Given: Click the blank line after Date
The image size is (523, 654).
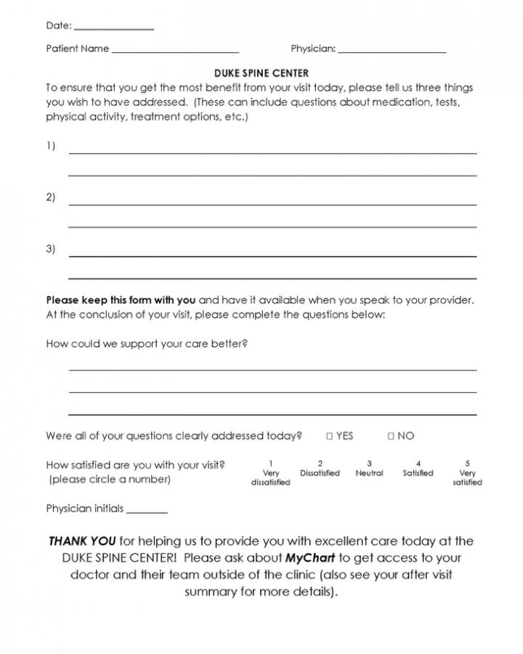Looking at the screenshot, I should tap(114, 28).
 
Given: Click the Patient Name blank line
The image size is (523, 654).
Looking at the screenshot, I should tap(175, 52).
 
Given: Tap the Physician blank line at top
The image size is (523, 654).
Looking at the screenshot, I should tap(392, 52).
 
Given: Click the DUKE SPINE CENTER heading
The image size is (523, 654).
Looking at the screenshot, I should tap(261, 73).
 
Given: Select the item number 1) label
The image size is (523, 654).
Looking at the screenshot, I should tap(51, 146).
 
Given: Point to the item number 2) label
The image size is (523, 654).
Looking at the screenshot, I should tap(51, 197).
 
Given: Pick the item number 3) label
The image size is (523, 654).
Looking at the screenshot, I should tap(51, 249).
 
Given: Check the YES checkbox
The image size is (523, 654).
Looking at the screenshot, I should tap(329, 436).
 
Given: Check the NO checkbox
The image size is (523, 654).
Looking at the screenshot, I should tap(391, 436).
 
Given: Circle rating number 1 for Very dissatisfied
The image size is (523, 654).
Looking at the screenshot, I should tap(270, 463).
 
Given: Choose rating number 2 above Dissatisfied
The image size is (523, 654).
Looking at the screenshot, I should tap(320, 463).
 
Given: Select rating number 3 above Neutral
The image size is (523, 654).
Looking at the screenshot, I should tap(369, 463).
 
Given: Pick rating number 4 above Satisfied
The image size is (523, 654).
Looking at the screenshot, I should tap(418, 463).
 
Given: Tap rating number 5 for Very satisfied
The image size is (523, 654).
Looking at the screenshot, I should tap(467, 463).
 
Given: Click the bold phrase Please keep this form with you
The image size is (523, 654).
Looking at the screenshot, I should tap(121, 300).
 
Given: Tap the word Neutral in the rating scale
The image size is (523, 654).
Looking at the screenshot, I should tap(369, 474).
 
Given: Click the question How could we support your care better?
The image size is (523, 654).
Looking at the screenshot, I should tap(147, 343).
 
